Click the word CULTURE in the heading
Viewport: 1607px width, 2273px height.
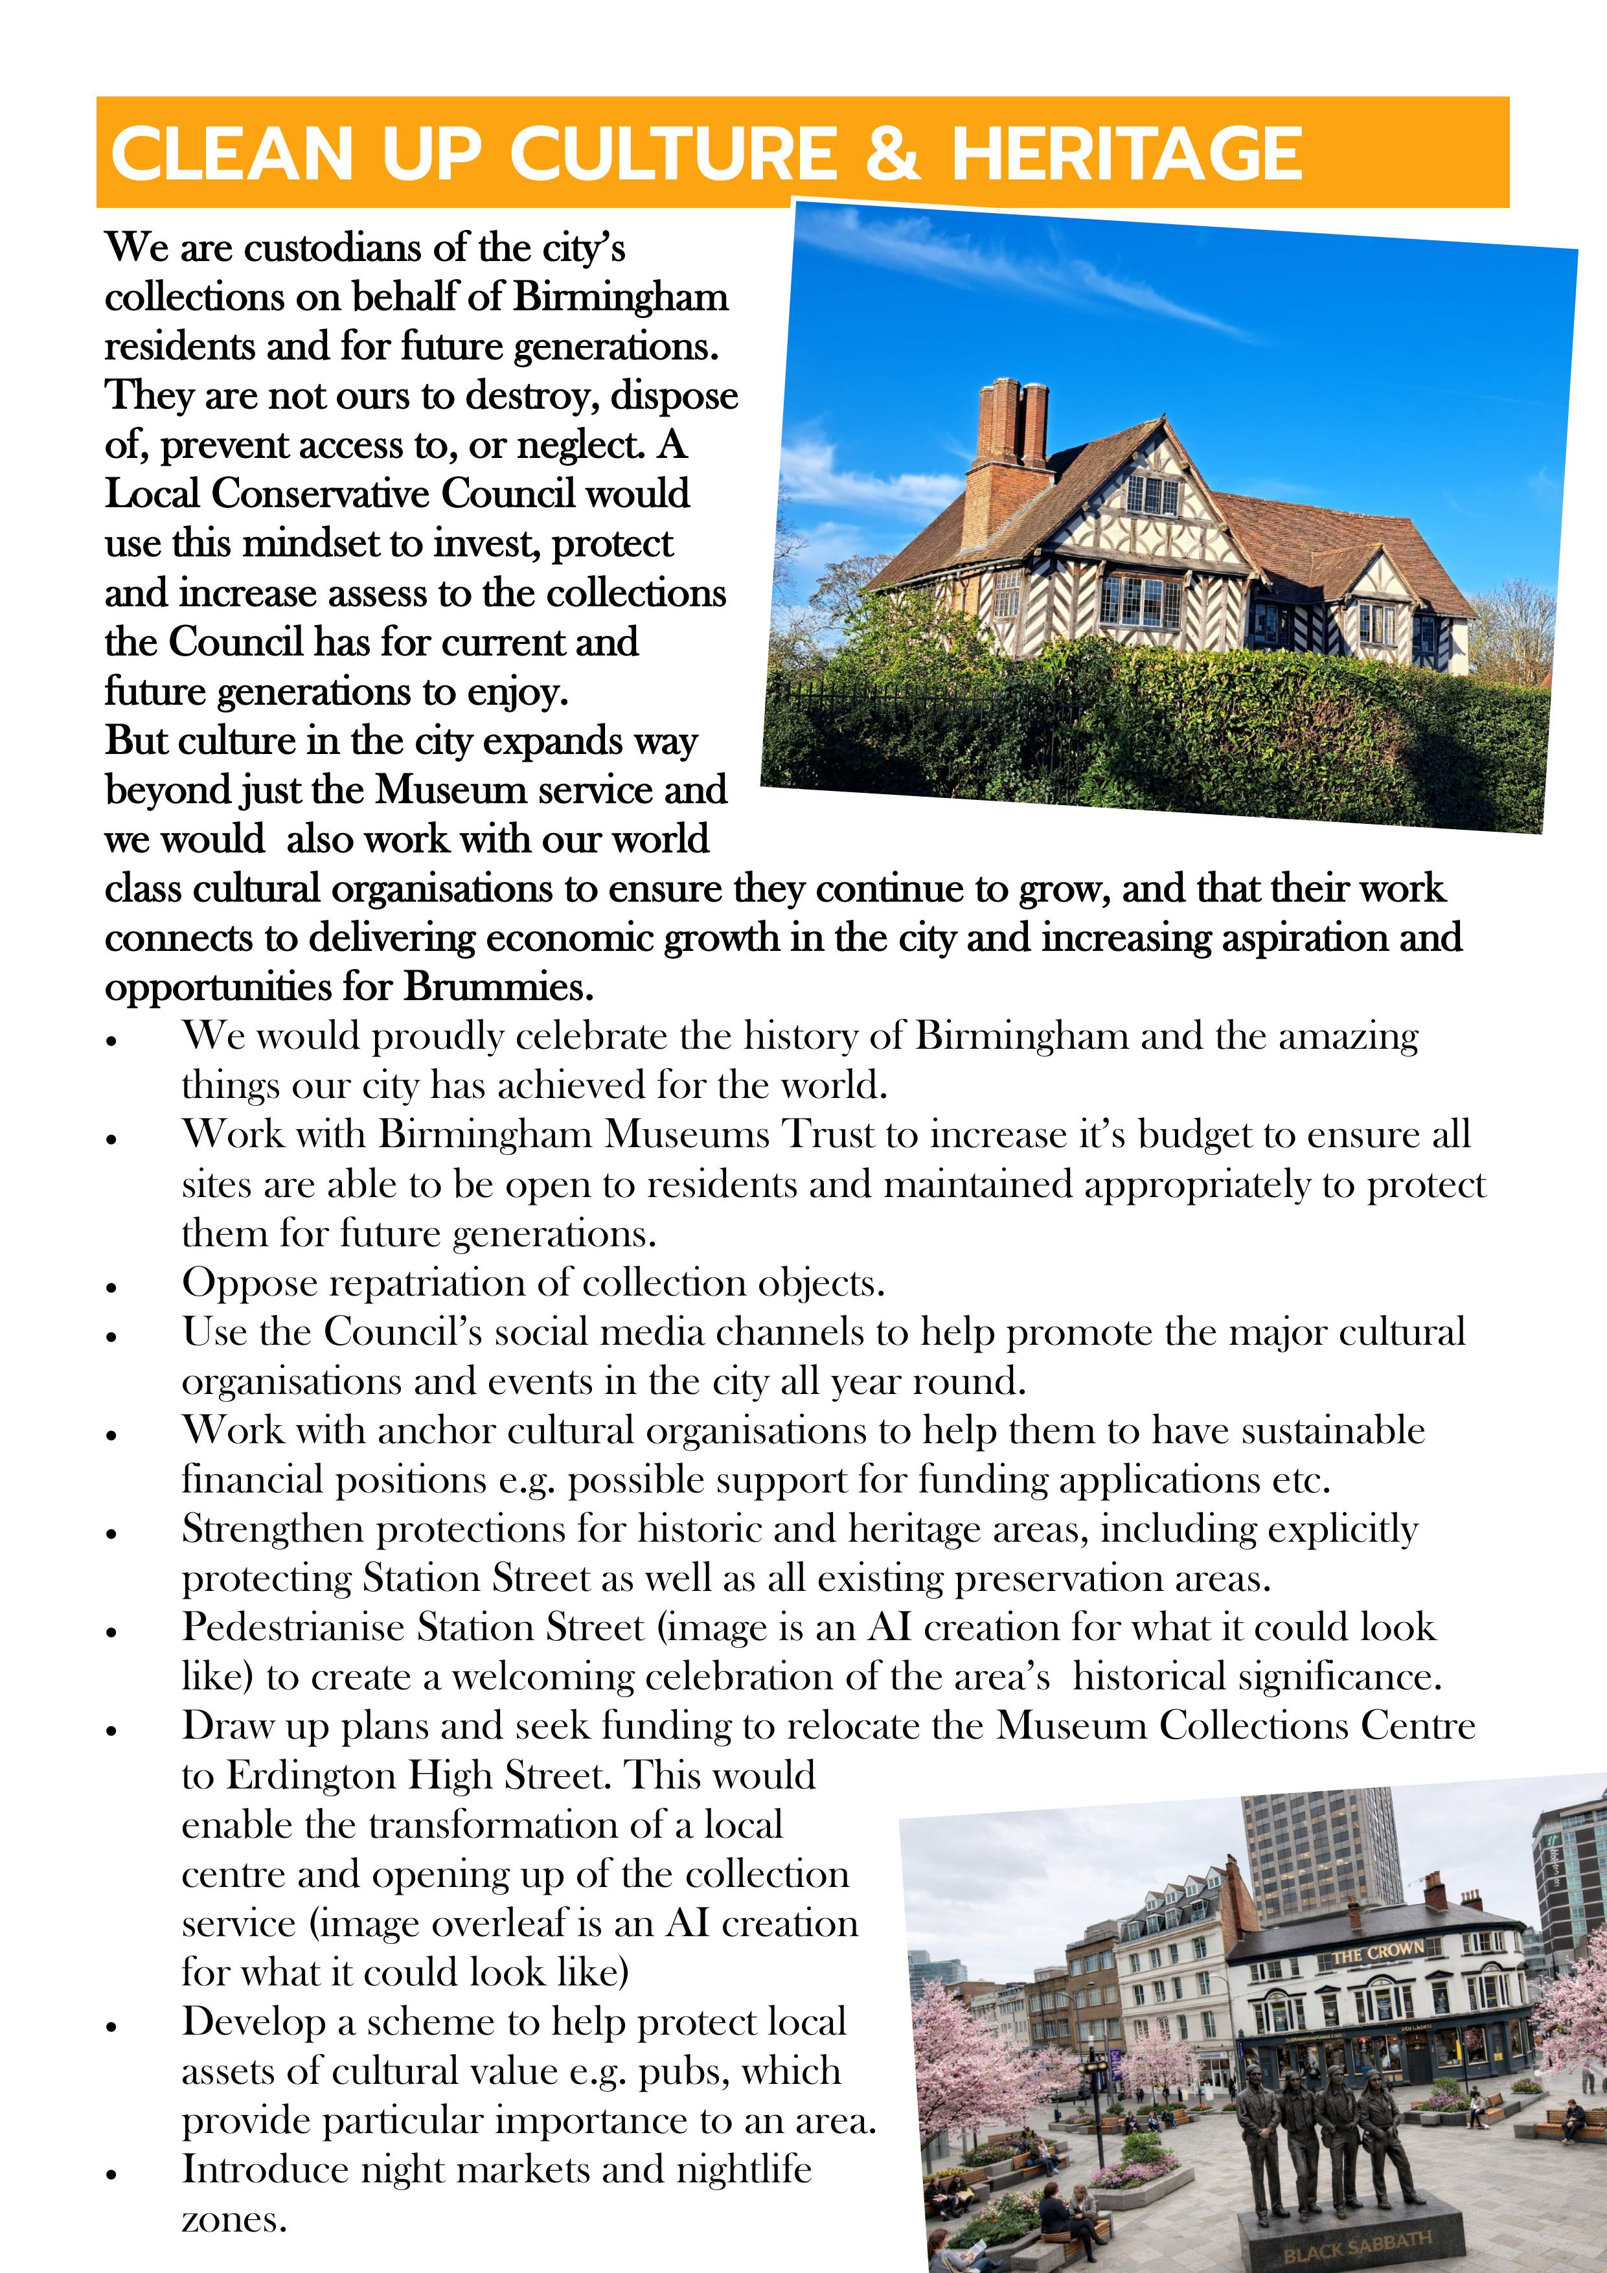coord(673,154)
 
